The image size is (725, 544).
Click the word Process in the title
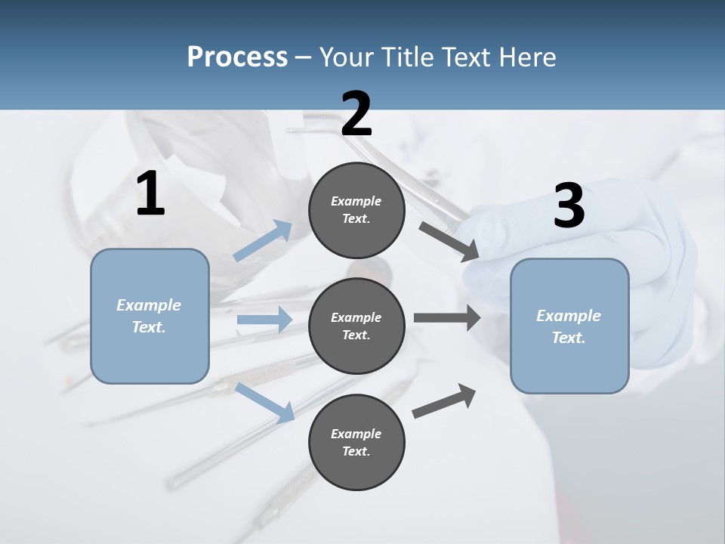[x=237, y=57]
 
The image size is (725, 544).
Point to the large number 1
[x=150, y=194]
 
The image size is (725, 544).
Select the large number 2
[x=356, y=114]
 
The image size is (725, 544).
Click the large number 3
[x=569, y=206]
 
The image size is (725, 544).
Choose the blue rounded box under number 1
[x=150, y=316]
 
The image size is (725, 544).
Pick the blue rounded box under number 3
[x=569, y=326]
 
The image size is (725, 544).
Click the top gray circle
[x=356, y=209]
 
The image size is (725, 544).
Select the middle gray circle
[x=356, y=326]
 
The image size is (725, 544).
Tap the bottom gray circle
[x=356, y=442]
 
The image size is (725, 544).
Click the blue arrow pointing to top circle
[x=263, y=241]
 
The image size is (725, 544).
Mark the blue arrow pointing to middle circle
[x=264, y=320]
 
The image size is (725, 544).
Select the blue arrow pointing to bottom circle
[x=265, y=403]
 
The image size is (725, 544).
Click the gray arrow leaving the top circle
[x=449, y=241]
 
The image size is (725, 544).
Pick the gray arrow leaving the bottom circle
[x=444, y=400]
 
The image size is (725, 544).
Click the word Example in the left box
[x=149, y=305]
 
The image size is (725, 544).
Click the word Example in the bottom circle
[x=356, y=434]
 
